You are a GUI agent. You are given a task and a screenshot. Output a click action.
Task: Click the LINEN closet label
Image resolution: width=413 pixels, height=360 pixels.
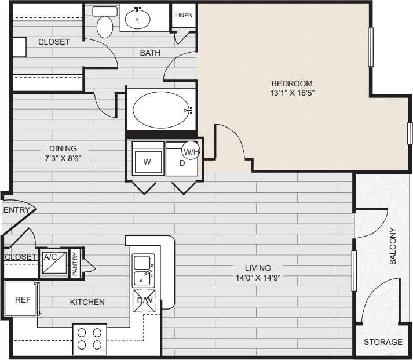pos(184,16)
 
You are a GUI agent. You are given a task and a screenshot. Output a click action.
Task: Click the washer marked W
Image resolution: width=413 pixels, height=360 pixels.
pos(147,162)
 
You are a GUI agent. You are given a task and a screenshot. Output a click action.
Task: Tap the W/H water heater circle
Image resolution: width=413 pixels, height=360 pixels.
pos(191,151)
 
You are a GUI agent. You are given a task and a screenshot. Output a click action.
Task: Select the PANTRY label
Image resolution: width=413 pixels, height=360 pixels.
pos(75,264)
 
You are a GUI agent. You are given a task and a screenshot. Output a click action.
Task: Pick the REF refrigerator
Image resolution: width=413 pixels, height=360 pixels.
pos(23,299)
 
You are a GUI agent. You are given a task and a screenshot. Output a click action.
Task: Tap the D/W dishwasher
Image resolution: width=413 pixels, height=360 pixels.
pos(144,300)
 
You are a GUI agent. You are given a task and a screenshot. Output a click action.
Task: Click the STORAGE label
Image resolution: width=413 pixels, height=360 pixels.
pos(382,342)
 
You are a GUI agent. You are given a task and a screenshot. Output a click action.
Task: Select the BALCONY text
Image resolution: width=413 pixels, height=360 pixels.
pos(393,246)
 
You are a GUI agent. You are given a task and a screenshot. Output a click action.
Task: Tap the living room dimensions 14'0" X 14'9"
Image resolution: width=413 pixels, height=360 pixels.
pos(258,278)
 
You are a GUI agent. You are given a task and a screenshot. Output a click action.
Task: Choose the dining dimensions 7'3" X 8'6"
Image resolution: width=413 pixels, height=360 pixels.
pos(63,158)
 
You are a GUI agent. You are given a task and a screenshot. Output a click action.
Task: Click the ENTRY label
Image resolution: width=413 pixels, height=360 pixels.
pos(16,210)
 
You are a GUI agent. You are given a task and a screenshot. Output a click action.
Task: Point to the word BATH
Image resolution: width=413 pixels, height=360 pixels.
pos(150,53)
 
